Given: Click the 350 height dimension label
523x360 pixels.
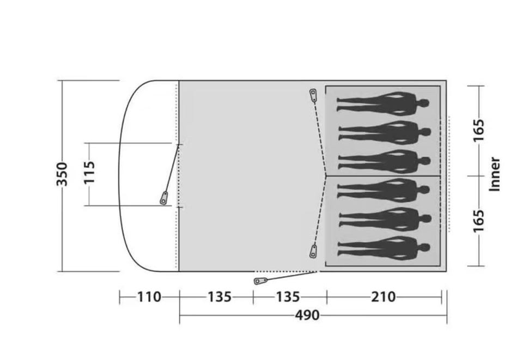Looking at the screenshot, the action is (x=62, y=174).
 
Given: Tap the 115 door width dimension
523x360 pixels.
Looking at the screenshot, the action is (x=89, y=173).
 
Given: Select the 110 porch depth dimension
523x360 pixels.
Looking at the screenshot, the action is (x=149, y=297).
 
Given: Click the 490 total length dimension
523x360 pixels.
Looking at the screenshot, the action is (x=307, y=315).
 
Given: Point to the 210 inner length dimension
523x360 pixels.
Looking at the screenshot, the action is (x=384, y=297).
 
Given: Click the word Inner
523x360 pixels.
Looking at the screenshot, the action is (x=495, y=174).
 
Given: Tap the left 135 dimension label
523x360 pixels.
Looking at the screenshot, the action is (x=220, y=297).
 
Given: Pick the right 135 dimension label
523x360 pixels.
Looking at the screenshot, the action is (x=288, y=297).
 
